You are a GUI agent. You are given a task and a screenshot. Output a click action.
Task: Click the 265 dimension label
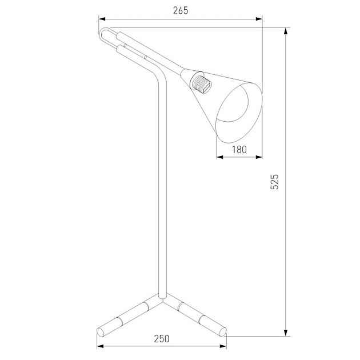coord(181,11)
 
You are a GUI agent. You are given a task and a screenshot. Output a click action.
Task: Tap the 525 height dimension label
coord(275,182)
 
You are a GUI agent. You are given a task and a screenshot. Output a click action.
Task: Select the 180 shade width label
coord(239,150)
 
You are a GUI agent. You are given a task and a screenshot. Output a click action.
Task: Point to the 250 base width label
coord(162,339)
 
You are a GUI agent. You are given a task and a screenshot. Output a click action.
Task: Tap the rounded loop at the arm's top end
coord(104,35)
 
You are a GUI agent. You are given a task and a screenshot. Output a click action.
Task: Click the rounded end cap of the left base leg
coord(101,333)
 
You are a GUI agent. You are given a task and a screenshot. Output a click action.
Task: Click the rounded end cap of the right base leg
coord(223,332)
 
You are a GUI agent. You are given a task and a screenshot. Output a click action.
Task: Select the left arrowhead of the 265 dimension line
coord(102,19)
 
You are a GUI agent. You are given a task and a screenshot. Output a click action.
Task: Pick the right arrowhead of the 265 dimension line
coord(259,19)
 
